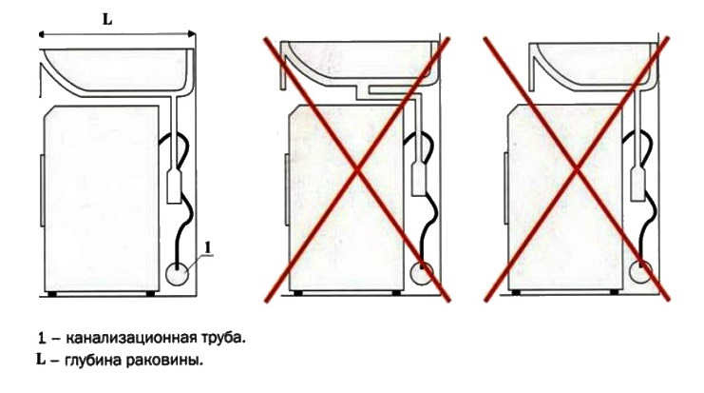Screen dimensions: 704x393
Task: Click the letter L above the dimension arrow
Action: (107, 20)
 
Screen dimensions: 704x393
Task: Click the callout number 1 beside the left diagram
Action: (207, 247)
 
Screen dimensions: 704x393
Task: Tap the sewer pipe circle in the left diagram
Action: (177, 274)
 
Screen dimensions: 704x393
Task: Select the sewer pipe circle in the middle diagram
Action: (422, 273)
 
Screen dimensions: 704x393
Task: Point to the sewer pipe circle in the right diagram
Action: (640, 273)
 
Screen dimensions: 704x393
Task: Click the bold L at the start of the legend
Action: (41, 360)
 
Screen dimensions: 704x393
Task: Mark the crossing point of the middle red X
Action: (357, 170)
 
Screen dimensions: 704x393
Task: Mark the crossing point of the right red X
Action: (577, 170)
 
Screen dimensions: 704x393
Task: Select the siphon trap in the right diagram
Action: (638, 184)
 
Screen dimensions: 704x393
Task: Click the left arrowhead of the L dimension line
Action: (42, 33)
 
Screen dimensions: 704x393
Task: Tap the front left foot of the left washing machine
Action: (52, 294)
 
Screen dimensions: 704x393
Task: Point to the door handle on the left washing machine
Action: (42, 190)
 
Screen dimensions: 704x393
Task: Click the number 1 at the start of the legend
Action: (42, 338)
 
